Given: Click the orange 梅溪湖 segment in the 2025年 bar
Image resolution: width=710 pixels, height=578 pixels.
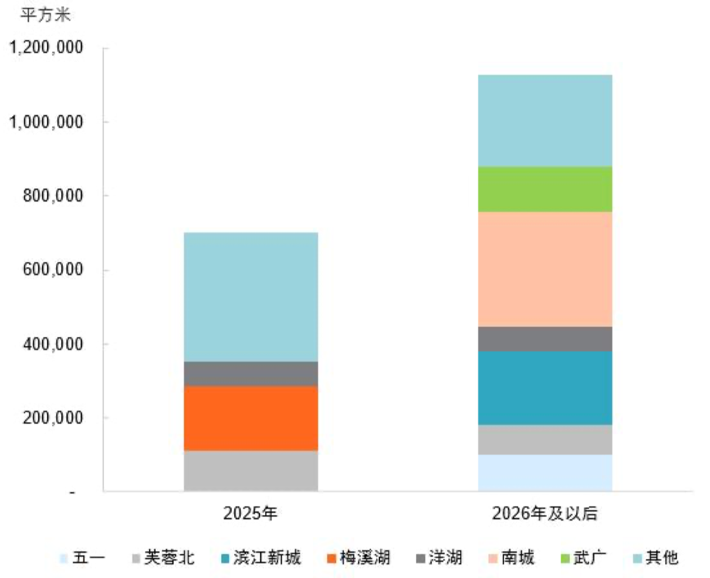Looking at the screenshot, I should tap(251, 418).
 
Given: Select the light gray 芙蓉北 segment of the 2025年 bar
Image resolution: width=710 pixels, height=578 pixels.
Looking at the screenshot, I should tap(251, 471).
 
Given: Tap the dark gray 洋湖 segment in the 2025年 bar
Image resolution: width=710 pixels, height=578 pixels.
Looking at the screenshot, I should tap(251, 374).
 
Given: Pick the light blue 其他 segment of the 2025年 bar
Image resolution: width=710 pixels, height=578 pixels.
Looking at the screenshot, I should tap(251, 297).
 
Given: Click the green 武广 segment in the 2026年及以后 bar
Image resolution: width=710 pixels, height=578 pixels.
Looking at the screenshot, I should tap(545, 189).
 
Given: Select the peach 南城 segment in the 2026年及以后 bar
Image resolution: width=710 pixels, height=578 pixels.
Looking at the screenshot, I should tap(545, 269).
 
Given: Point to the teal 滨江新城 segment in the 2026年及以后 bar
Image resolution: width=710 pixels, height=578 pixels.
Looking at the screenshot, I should tap(545, 388).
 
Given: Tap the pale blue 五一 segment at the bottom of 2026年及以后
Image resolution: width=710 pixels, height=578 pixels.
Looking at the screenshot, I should tap(545, 473).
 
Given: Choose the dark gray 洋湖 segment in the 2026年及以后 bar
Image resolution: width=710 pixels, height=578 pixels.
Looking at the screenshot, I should tap(545, 339).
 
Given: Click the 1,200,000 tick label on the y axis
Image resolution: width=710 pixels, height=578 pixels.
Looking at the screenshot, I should tap(46, 48).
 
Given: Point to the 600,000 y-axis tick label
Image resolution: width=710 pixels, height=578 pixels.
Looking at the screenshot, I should tap(53, 270).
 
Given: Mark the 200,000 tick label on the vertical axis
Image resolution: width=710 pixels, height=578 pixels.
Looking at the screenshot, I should tap(53, 418).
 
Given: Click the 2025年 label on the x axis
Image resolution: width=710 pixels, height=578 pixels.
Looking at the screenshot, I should tap(250, 513).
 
